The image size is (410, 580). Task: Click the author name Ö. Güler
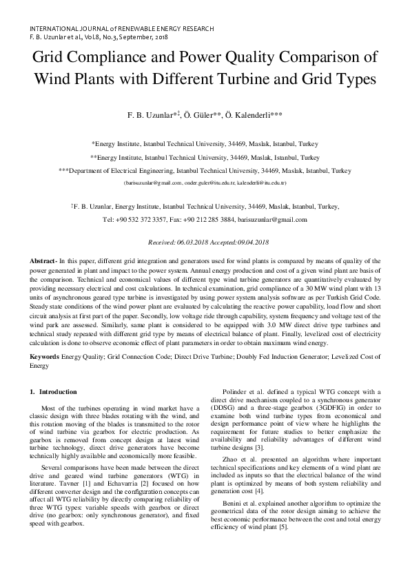[x=199, y=116]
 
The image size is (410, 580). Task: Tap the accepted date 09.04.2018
[x=250, y=242]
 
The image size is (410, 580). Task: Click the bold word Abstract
[x=43, y=263]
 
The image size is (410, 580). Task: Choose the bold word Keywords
[x=45, y=357]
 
